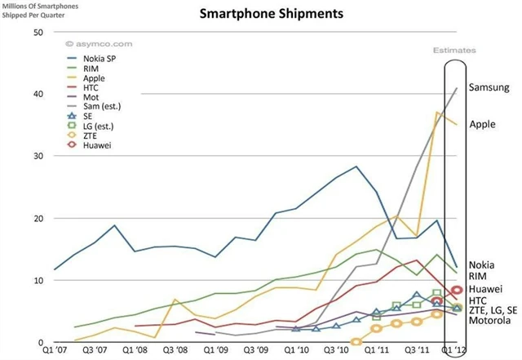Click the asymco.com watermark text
click(x=90, y=42)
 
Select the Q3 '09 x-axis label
click(x=255, y=351)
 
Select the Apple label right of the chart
click(x=483, y=124)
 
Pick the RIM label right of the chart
click(x=479, y=276)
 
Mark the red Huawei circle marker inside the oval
click(x=458, y=290)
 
